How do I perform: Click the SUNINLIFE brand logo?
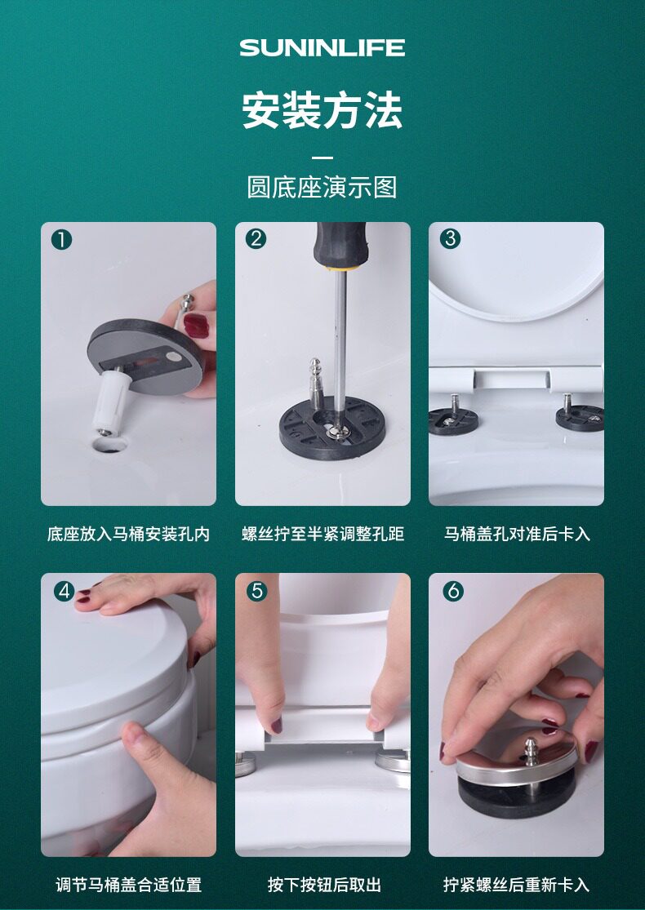(x=322, y=47)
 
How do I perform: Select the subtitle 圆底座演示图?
(x=322, y=187)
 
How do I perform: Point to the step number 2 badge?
(x=256, y=238)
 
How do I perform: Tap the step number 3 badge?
(x=450, y=238)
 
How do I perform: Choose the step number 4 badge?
(x=64, y=591)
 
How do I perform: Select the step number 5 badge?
(x=256, y=591)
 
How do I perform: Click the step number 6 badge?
(x=453, y=591)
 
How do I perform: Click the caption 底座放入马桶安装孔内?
(x=128, y=534)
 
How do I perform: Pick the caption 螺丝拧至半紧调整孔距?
(x=322, y=534)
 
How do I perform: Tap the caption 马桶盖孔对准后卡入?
(x=517, y=534)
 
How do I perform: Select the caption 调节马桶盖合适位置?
(x=128, y=885)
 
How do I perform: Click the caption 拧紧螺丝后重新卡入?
(x=516, y=885)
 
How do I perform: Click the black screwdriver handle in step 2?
(x=340, y=245)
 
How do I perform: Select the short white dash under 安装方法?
(x=322, y=158)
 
